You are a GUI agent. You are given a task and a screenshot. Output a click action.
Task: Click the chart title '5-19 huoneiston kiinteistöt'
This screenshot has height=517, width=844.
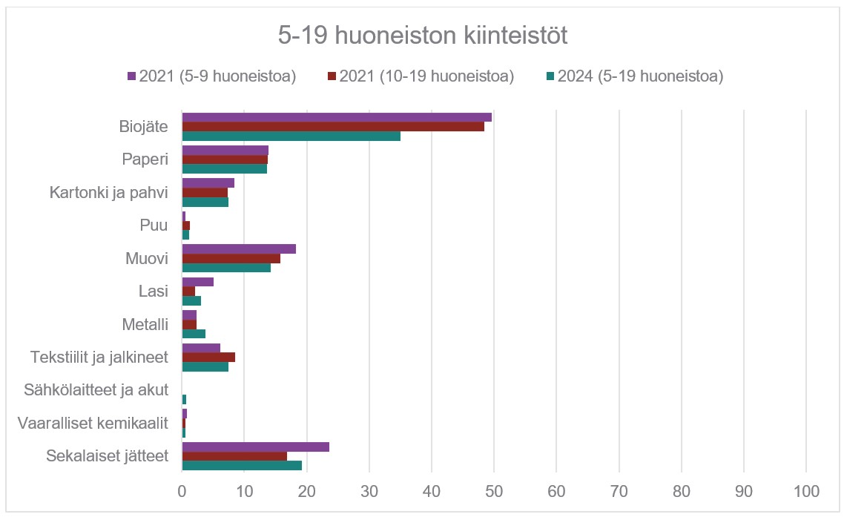422,36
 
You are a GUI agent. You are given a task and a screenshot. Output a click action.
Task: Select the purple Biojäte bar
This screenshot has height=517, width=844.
337,117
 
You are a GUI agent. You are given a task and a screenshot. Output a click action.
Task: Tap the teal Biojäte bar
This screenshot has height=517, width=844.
291,136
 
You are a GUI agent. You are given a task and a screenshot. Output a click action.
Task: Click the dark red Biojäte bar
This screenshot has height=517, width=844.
333,126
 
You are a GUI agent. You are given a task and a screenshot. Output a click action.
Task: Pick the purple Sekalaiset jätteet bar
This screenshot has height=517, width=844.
255,447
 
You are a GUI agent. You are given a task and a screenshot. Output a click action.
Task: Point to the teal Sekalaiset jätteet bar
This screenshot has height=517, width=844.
242,465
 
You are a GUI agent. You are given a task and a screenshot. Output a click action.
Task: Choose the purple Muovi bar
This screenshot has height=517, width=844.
239,248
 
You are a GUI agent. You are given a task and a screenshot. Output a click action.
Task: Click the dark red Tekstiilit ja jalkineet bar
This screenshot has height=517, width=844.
208,357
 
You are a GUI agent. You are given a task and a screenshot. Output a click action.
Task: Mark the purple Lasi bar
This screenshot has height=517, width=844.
198,281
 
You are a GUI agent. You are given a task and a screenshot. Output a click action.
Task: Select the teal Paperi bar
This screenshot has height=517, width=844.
224,168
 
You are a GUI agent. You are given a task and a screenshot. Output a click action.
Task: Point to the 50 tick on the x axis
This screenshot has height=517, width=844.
494,490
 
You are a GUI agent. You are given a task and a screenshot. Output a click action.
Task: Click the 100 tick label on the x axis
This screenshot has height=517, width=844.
806,490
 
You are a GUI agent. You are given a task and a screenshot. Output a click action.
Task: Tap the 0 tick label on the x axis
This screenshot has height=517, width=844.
182,490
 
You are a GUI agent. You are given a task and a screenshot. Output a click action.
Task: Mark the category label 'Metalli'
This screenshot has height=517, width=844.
145,324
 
